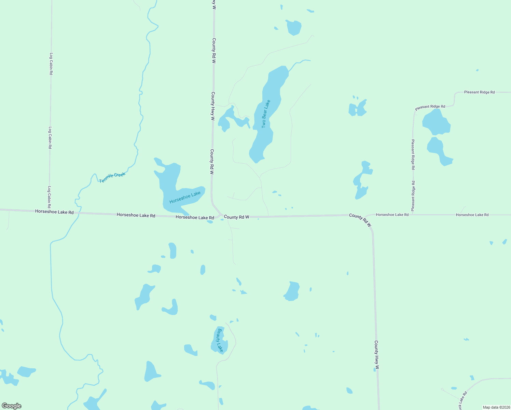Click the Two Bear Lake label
266,114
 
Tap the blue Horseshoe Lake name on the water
185,197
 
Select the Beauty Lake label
220,340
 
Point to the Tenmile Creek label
112,177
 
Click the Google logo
12,406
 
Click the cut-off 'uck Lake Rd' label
462,400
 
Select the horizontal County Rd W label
236,217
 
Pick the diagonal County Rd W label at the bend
360,220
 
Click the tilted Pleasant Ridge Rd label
430,107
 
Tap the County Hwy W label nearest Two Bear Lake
212,106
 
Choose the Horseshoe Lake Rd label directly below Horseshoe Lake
195,217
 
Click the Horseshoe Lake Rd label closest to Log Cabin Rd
54,212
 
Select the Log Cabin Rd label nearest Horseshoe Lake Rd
49,197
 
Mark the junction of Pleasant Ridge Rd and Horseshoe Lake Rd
413,215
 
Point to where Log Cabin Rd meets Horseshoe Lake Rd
49,211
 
